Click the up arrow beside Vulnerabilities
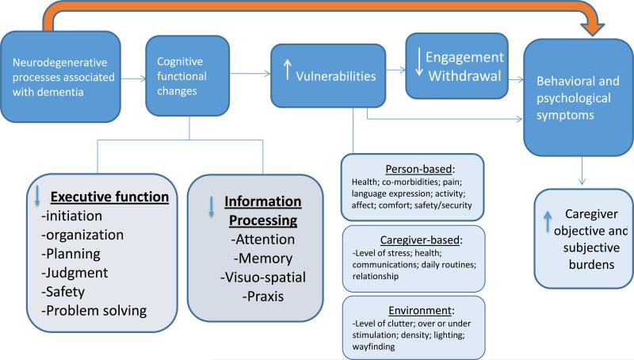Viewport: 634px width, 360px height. (288, 72)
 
